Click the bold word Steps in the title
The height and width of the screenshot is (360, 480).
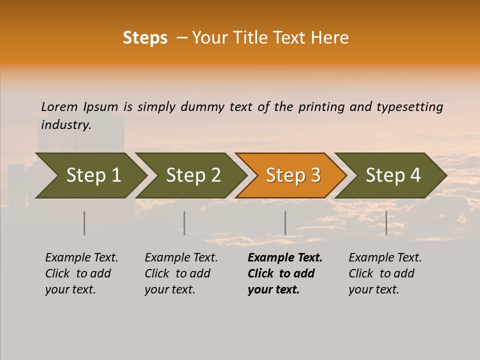point(145,37)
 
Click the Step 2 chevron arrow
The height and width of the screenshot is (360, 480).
point(192,175)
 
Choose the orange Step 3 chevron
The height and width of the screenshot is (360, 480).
point(292,175)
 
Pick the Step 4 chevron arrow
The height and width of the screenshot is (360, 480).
point(392,175)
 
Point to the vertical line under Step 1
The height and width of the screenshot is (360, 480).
point(84,223)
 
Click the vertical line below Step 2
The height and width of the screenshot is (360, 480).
point(184,223)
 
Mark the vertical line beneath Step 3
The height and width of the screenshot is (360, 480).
point(285,223)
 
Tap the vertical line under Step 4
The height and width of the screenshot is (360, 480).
point(386,223)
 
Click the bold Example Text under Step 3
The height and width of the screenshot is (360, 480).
point(285,258)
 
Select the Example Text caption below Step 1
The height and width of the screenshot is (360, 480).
point(81,258)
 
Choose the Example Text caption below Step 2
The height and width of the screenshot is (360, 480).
point(181,258)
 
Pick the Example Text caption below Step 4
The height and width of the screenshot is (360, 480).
point(385,258)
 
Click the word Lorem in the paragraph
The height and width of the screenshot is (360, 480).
point(59,107)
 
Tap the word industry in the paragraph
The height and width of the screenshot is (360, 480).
point(65,125)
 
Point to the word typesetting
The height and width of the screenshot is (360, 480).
point(409,107)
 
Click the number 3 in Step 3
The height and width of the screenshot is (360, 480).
point(315,175)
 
